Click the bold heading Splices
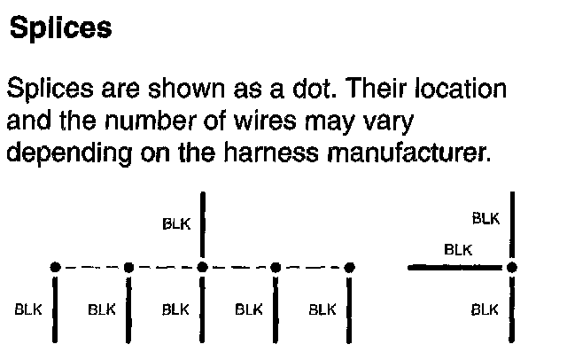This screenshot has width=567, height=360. click(x=60, y=27)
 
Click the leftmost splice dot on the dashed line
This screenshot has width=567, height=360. click(x=55, y=266)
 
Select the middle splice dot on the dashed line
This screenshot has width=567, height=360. click(x=203, y=266)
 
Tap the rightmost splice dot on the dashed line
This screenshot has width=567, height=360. click(x=350, y=266)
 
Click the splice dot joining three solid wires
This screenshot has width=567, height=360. click(x=512, y=266)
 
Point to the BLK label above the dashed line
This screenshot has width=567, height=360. click(x=176, y=223)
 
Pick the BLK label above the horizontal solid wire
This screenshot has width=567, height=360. click(x=457, y=249)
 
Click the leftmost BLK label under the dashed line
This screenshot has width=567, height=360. click(x=29, y=309)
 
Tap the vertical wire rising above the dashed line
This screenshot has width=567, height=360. click(x=203, y=227)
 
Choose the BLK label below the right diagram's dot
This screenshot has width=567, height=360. click(x=485, y=309)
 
